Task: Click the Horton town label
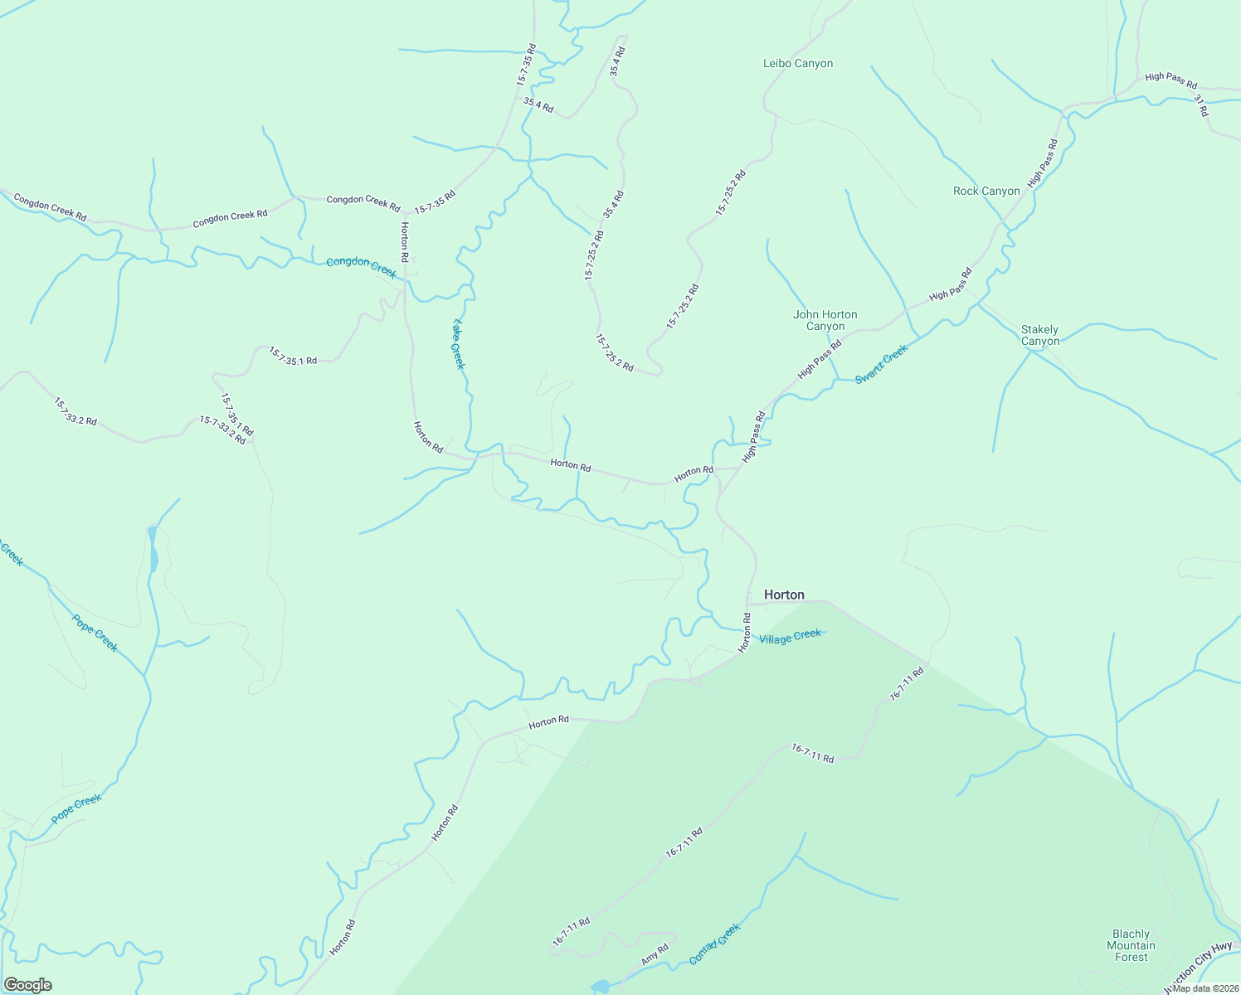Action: tap(784, 595)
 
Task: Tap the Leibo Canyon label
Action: tap(797, 63)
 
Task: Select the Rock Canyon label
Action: tap(986, 191)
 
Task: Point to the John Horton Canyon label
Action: tap(825, 320)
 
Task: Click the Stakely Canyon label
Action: tap(1039, 335)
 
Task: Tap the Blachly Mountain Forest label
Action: tap(1131, 945)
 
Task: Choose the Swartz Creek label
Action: tap(882, 363)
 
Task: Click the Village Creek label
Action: tap(790, 636)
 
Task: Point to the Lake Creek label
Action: tap(459, 344)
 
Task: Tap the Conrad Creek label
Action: tap(714, 944)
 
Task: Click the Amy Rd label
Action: tap(655, 955)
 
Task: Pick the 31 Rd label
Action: tap(1201, 105)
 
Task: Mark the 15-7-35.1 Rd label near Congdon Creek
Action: tap(292, 357)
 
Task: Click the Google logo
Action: tap(27, 985)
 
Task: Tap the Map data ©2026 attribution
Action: tap(1205, 988)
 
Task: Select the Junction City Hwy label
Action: tap(1198, 968)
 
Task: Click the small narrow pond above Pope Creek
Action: tap(153, 550)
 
